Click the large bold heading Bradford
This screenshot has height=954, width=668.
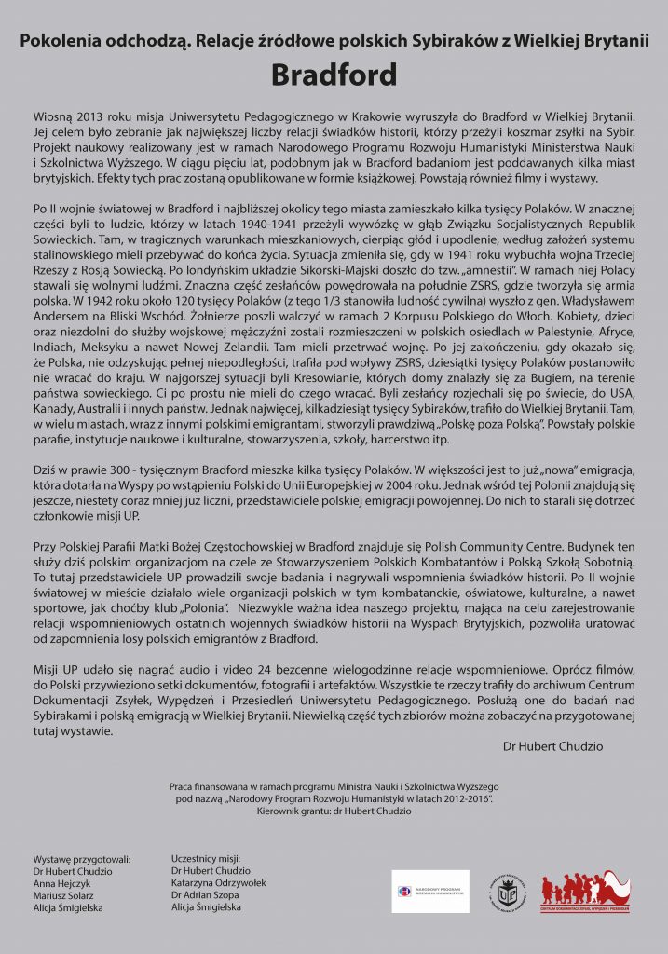click(334, 74)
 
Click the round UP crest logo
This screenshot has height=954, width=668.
click(508, 892)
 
